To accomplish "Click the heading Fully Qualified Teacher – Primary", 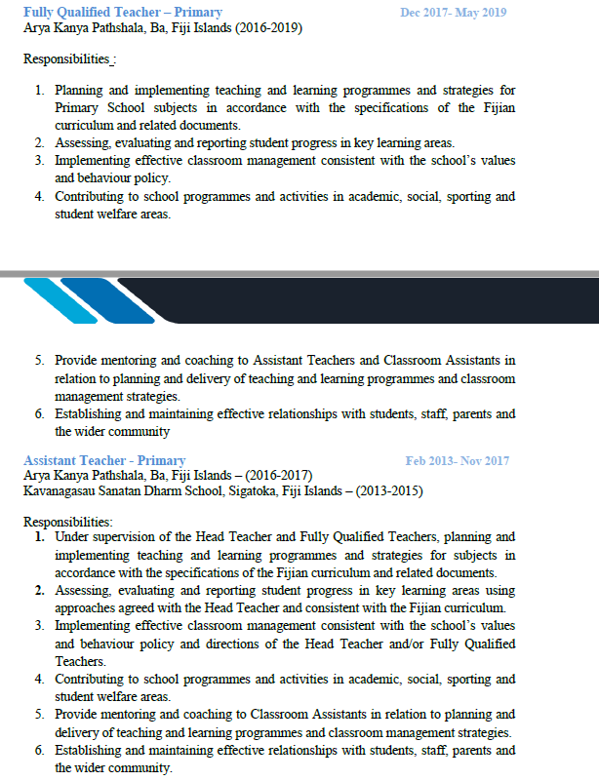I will tap(122, 13).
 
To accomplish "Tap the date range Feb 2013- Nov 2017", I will tap(457, 460).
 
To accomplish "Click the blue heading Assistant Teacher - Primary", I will tap(104, 460).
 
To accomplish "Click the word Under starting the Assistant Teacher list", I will tap(73, 537).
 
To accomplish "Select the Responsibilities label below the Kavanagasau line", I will tap(67, 522).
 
